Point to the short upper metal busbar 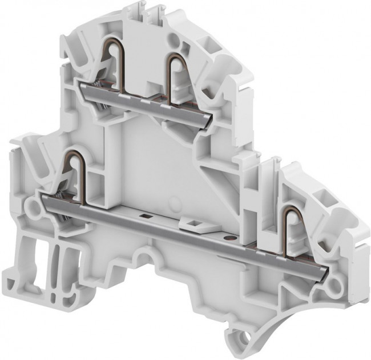pos(146,103)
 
